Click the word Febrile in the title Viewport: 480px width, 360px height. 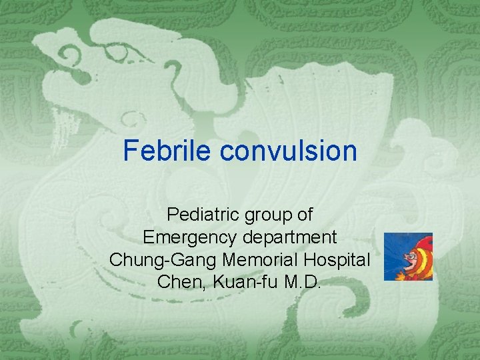coord(169,151)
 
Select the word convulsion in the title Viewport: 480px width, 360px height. coord(289,151)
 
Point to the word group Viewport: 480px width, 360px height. coord(265,216)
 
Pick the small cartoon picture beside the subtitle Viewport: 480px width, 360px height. coord(408,257)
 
